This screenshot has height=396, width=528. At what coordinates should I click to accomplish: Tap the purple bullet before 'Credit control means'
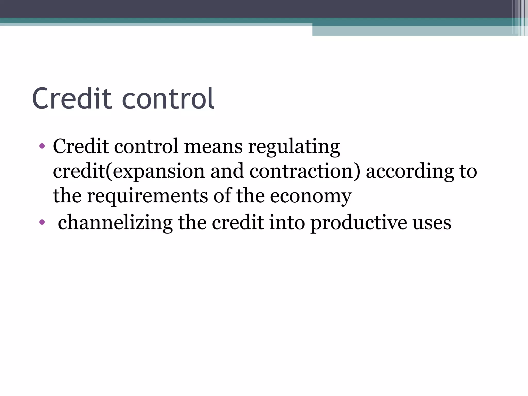[42, 146]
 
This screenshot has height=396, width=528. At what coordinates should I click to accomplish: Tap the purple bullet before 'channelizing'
[42, 222]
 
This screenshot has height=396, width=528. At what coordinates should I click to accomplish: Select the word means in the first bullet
[213, 146]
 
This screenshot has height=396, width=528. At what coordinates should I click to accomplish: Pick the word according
[410, 172]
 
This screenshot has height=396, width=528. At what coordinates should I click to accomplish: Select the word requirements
[147, 196]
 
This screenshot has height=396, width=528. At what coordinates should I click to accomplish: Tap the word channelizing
[115, 222]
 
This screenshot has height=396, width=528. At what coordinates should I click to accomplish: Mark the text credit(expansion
[129, 171]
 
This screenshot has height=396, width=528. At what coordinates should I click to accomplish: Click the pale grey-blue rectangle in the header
[412, 31]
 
